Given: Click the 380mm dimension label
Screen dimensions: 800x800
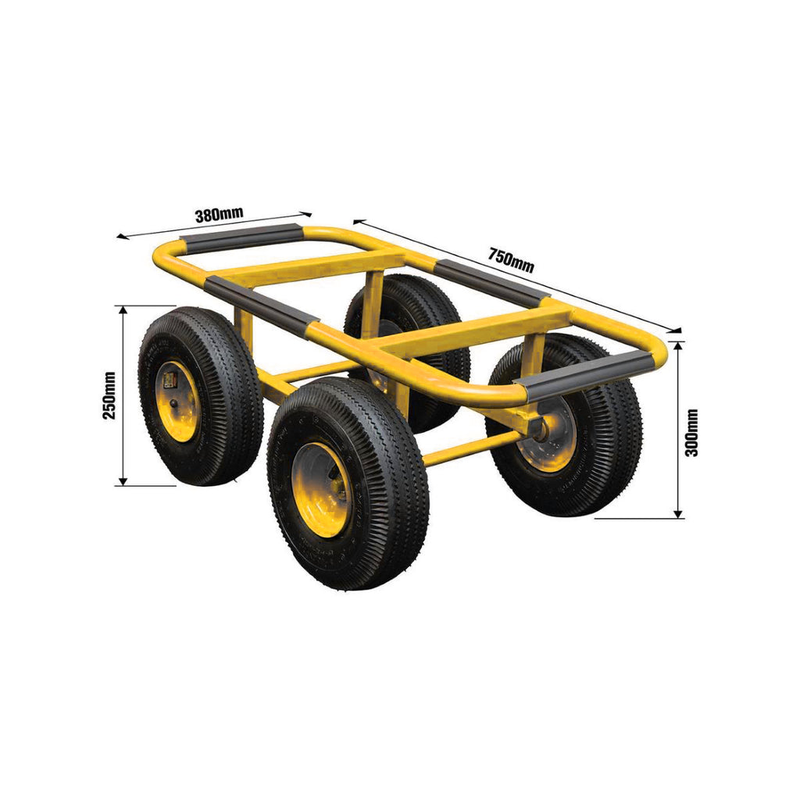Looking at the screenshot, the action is (x=220, y=215).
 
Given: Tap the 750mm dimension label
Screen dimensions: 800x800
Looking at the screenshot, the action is (x=511, y=260).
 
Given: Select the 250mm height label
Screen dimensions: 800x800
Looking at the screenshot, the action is (x=109, y=395).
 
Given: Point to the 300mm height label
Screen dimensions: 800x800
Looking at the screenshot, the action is (x=692, y=433).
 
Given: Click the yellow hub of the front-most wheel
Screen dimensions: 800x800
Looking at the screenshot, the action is (x=323, y=489).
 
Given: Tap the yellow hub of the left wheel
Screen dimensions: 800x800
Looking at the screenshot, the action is (x=177, y=401).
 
